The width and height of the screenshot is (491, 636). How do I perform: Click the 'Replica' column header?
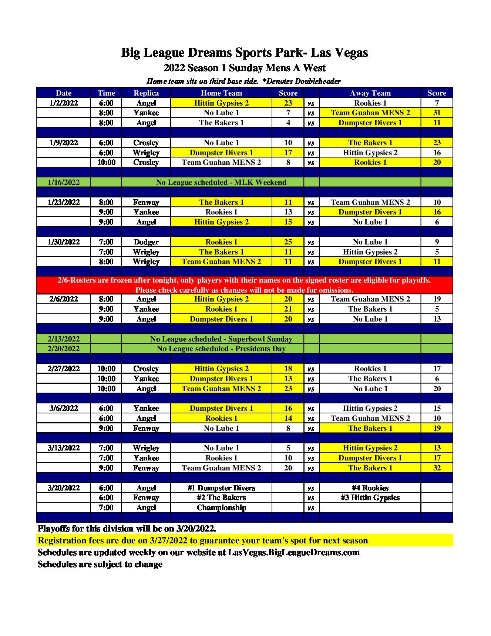click(146, 93)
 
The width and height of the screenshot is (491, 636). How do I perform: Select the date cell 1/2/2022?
click(64, 103)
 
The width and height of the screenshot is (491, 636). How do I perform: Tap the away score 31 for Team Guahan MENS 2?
click(437, 113)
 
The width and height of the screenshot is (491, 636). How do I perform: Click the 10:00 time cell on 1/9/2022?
click(106, 162)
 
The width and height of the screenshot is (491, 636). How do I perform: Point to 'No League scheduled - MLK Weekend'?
click(221, 182)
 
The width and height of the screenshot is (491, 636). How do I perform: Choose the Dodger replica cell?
click(146, 242)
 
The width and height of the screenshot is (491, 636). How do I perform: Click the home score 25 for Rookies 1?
click(288, 242)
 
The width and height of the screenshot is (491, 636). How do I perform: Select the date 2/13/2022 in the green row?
click(64, 339)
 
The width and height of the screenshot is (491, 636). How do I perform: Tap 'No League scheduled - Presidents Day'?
click(221, 349)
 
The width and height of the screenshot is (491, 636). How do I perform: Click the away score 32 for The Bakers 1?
click(437, 468)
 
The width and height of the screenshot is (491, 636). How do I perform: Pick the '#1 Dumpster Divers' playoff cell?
click(221, 488)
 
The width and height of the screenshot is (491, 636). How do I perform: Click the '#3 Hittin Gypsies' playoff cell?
click(370, 497)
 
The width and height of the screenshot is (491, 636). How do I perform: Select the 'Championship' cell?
click(221, 507)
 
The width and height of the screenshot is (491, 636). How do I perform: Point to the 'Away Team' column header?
click(370, 93)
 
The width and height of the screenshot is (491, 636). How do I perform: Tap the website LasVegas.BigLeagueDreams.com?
click(293, 552)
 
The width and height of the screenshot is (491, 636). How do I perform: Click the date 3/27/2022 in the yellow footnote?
click(168, 540)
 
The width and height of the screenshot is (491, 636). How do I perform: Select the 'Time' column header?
click(106, 93)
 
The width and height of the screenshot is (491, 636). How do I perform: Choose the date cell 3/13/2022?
click(64, 448)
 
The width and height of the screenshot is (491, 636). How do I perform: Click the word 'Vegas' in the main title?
click(350, 53)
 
